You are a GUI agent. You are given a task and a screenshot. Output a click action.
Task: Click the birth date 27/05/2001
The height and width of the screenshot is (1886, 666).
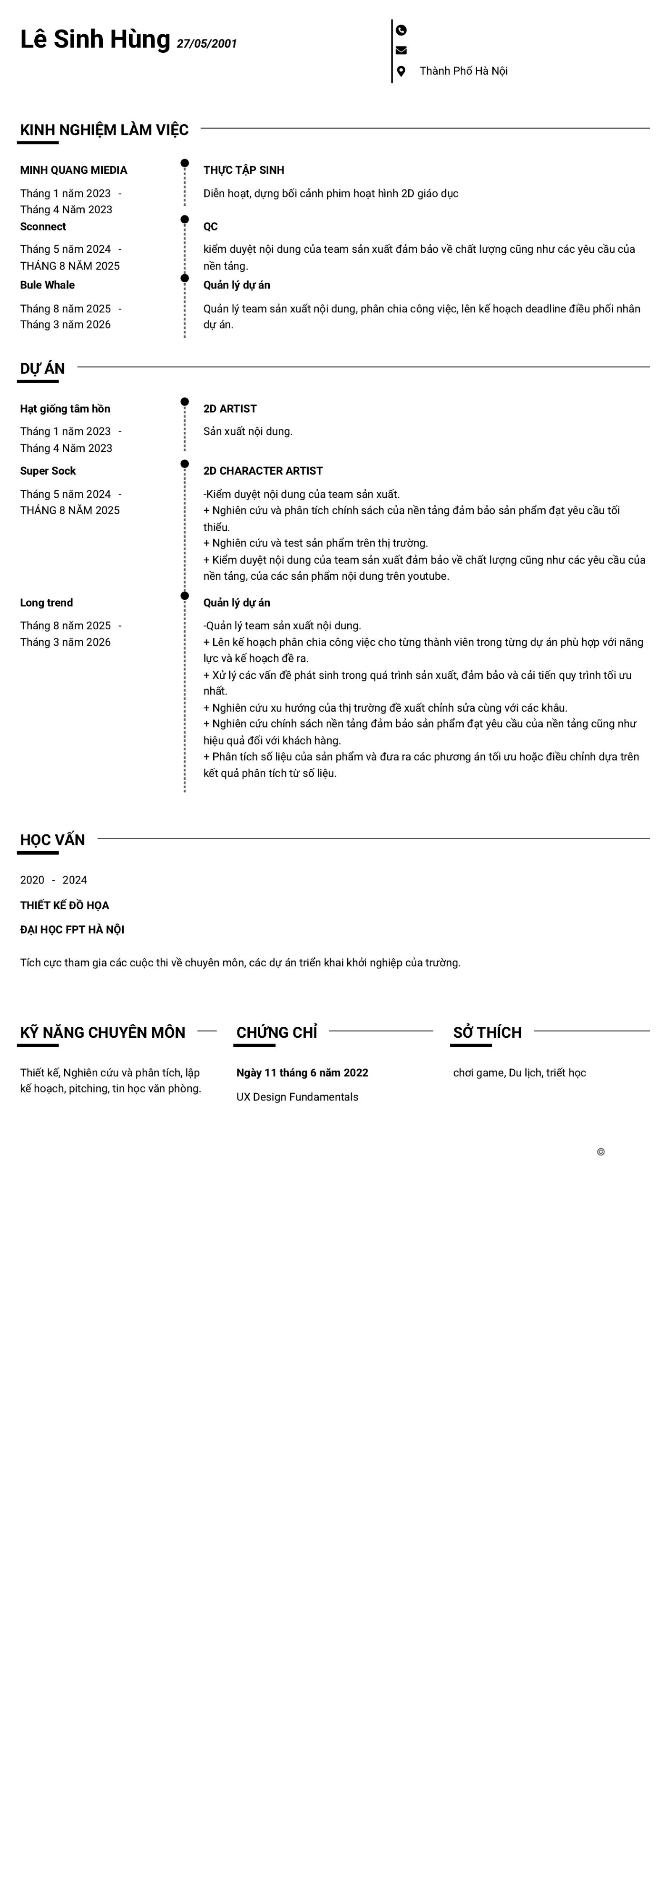pos(206,44)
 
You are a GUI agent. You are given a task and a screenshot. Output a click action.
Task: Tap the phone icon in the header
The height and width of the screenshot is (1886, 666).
pos(401,30)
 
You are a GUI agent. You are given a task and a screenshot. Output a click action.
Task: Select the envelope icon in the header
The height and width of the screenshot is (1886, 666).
pos(401,50)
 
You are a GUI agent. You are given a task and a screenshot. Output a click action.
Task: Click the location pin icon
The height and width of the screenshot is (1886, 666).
pos(401,71)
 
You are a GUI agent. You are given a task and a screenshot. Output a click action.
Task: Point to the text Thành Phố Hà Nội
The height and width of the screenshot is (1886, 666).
pos(463,71)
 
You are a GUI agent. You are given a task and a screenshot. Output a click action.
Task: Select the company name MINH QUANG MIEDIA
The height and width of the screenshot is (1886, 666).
pos(73,170)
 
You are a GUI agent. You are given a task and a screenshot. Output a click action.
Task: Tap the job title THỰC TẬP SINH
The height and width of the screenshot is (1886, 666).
pos(244,170)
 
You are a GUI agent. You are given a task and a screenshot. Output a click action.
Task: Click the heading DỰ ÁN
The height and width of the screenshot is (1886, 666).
pos(42,369)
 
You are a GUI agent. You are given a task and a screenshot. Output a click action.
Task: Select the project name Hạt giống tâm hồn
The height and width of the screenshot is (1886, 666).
pos(65,408)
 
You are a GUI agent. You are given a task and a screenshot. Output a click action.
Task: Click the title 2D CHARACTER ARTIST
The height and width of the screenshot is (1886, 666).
pos(263,471)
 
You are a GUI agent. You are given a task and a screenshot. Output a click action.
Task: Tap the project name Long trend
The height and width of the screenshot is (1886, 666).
pos(46,603)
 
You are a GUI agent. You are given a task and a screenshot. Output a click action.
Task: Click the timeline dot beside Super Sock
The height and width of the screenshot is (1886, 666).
pos(185,464)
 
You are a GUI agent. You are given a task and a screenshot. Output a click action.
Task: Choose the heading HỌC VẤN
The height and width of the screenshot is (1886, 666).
pos(53,840)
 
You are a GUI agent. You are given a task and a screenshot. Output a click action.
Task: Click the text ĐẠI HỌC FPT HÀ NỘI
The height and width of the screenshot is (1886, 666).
pos(72,930)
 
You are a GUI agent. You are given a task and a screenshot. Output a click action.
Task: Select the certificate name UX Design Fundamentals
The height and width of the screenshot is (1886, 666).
pos(297,1097)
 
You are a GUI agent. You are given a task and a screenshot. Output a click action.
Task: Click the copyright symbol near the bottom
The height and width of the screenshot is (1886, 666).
pos(601,1151)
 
